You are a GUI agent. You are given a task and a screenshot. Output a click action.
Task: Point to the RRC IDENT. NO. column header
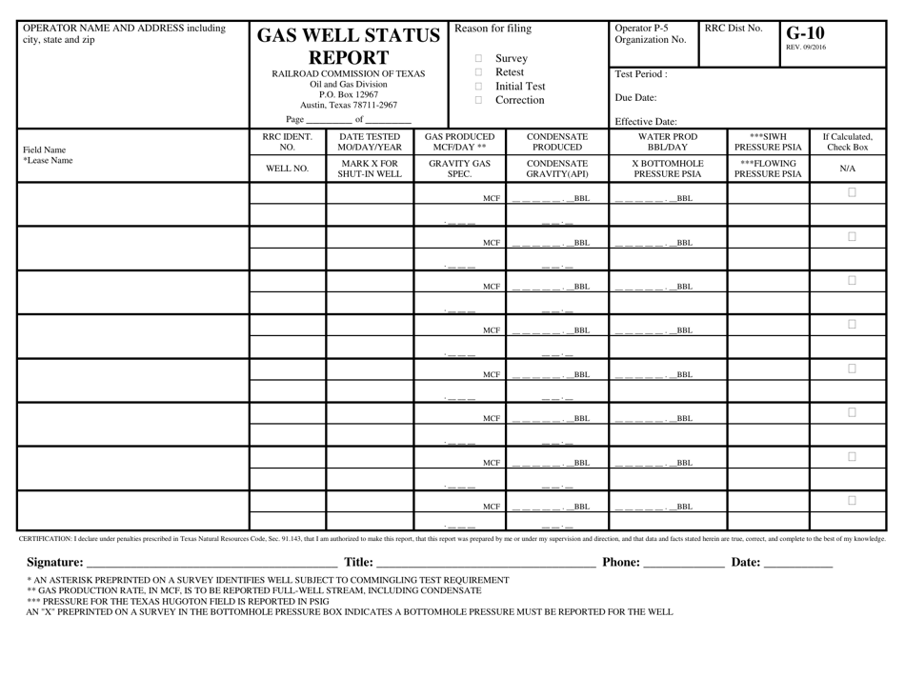287,142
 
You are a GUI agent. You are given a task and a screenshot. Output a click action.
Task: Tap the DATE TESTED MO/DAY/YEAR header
370,142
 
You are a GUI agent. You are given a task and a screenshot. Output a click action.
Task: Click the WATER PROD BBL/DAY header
667,142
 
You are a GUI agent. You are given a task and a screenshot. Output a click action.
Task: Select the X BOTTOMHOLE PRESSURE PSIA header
667,169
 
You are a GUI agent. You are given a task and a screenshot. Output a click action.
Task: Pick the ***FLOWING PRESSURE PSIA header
768,169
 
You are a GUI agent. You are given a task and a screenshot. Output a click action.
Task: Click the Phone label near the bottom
621,562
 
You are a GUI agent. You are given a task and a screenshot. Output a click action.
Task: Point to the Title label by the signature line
358,562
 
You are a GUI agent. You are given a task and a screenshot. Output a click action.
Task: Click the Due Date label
636,97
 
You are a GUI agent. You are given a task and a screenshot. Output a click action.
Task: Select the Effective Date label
646,121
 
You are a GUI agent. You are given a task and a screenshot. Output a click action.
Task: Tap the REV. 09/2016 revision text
806,47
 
